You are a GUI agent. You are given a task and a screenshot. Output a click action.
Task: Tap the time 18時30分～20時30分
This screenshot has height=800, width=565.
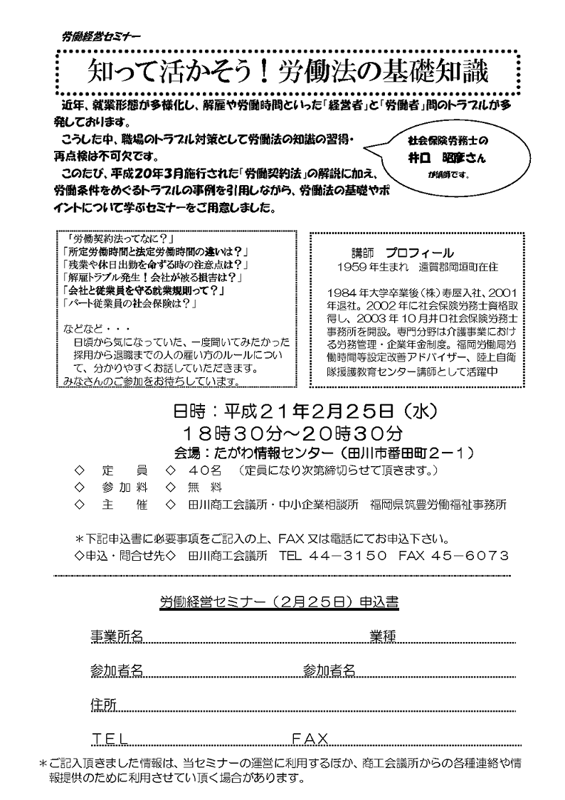292,432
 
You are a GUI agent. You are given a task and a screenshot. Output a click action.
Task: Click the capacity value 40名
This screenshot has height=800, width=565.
206,471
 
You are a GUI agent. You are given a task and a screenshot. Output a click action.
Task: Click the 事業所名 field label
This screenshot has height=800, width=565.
117,636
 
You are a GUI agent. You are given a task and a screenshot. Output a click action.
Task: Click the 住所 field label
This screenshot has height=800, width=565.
103,703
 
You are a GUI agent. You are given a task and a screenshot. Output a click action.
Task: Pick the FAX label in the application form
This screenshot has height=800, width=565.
310,738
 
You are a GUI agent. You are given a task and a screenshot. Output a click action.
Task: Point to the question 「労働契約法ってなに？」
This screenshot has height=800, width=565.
118,238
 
